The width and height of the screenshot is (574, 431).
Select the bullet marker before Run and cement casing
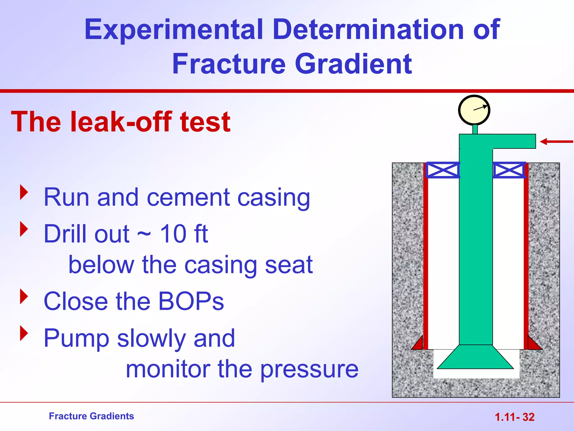pos(24,192)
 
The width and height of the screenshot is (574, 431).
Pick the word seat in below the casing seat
pos(289,265)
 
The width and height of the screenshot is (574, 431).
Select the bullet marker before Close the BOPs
pos(24,297)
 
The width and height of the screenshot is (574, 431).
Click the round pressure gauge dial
pos(474,110)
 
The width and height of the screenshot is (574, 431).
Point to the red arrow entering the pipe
pos(556,142)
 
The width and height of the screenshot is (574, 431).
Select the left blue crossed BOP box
pos(443,170)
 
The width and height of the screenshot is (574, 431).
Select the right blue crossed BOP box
pos(509,170)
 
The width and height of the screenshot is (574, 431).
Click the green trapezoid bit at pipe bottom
pos(475,358)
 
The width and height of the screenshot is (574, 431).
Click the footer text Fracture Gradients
pos(91,416)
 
